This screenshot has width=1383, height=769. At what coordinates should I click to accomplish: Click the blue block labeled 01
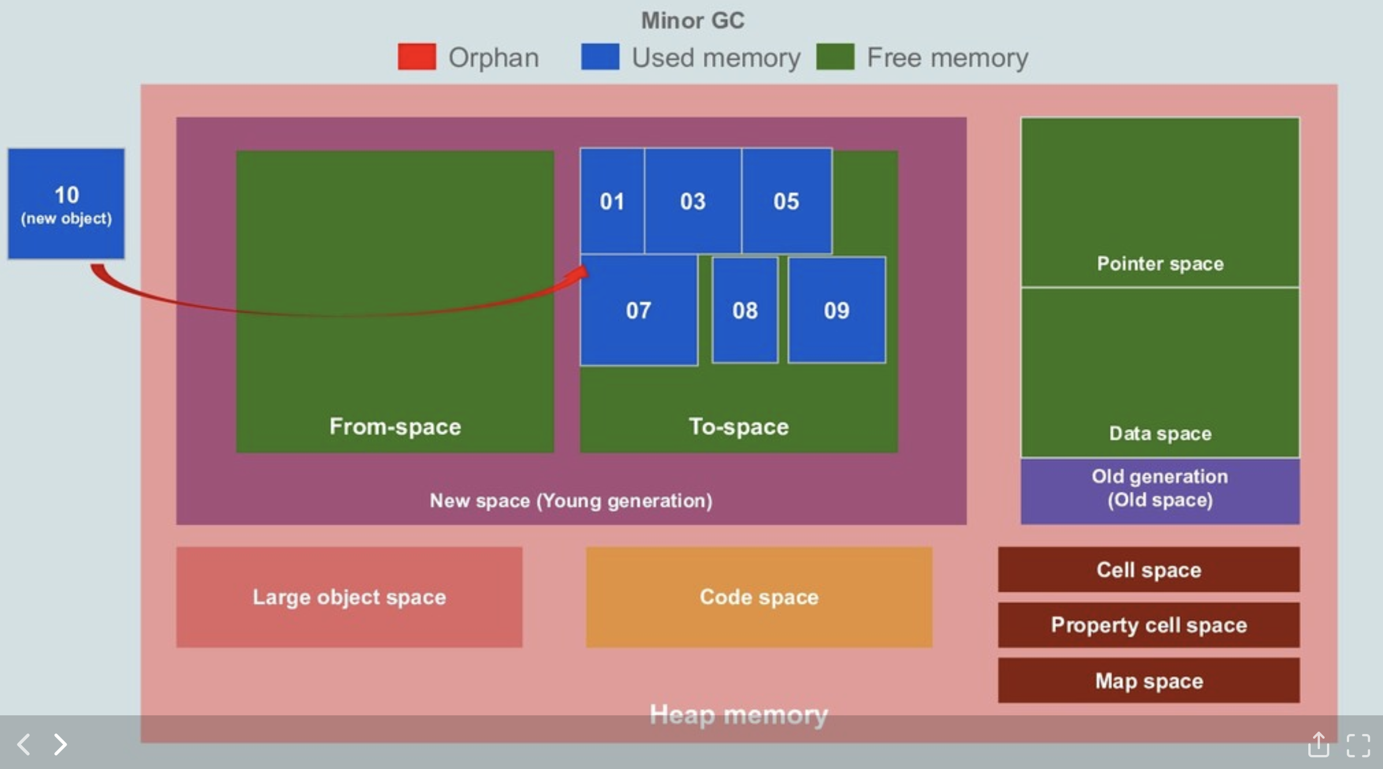pyautogui.click(x=612, y=201)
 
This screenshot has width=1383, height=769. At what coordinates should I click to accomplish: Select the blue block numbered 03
pyautogui.click(x=693, y=201)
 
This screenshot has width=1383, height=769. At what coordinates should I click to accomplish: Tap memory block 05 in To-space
pyautogui.click(x=786, y=201)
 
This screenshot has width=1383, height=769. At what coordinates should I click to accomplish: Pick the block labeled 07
pyautogui.click(x=638, y=310)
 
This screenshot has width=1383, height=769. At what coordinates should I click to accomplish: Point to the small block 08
pyautogui.click(x=745, y=310)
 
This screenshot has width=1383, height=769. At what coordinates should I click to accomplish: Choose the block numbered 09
pyautogui.click(x=836, y=310)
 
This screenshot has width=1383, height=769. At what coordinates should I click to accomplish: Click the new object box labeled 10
pyautogui.click(x=66, y=203)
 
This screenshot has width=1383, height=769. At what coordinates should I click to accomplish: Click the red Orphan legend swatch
pyautogui.click(x=417, y=57)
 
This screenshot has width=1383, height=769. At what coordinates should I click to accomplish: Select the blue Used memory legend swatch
pyautogui.click(x=600, y=57)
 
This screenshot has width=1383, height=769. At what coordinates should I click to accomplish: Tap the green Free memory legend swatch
pyautogui.click(x=835, y=57)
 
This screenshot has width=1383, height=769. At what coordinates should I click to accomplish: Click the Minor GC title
pyautogui.click(x=693, y=20)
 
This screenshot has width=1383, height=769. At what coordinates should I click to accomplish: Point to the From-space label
pyautogui.click(x=395, y=427)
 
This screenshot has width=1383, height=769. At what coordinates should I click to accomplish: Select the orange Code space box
pyautogui.click(x=759, y=596)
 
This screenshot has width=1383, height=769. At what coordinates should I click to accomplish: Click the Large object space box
pyautogui.click(x=349, y=596)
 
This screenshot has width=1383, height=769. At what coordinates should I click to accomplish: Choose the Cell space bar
pyautogui.click(x=1148, y=569)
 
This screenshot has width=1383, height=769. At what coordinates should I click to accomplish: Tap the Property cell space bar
pyautogui.click(x=1148, y=625)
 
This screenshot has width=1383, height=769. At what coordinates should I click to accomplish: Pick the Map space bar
pyautogui.click(x=1148, y=680)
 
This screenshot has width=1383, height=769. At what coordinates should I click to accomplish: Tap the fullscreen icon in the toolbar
pyautogui.click(x=1358, y=745)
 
